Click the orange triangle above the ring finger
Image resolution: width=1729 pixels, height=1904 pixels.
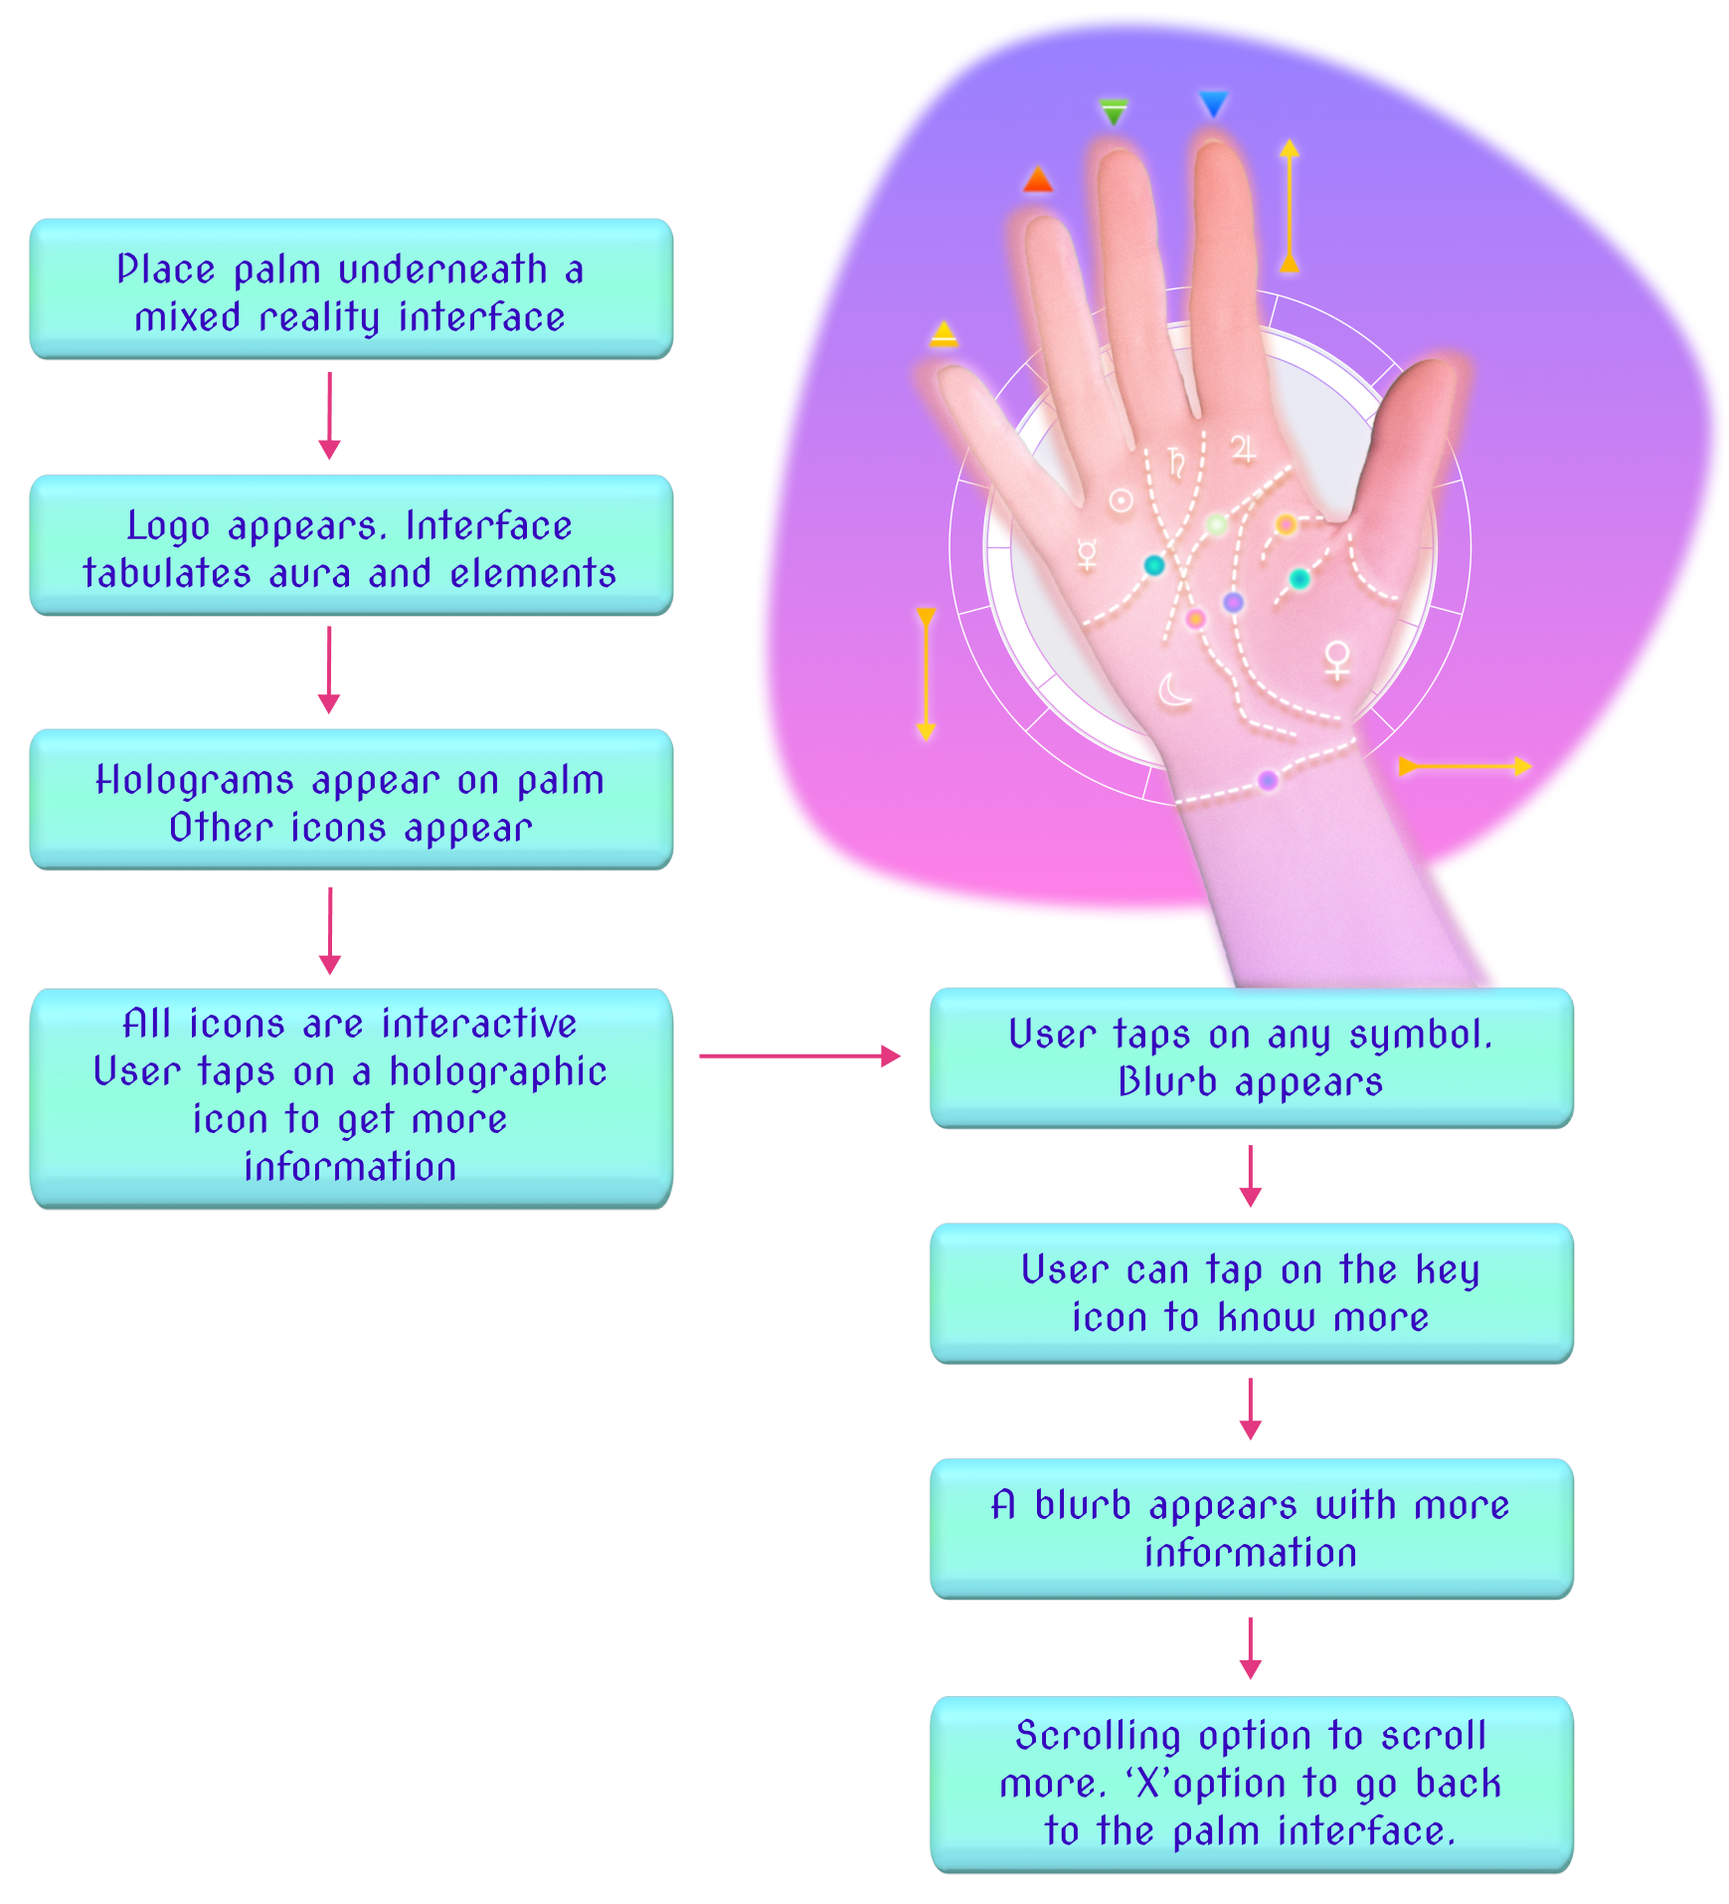1037,180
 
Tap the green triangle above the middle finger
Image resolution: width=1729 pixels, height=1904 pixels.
1115,112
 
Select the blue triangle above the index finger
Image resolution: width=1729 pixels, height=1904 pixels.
1213,103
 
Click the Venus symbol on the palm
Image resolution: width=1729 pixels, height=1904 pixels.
1337,661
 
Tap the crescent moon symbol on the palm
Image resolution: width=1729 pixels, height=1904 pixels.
1175,689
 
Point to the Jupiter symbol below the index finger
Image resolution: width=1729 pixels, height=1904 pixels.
1243,449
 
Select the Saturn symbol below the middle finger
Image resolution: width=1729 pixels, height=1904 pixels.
1176,463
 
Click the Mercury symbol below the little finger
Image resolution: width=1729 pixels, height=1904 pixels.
1088,554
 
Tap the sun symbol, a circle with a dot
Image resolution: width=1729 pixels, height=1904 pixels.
1121,500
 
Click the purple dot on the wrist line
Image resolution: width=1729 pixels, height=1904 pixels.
1267,781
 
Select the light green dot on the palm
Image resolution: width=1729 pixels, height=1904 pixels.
1217,524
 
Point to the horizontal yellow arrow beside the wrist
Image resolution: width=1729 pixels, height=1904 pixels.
1465,766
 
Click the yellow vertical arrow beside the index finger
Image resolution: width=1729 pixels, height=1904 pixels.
1289,206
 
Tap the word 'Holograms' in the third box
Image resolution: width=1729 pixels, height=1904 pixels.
194,781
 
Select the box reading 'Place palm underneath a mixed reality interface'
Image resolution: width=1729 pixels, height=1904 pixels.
351,289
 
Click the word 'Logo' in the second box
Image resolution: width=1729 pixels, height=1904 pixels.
168,526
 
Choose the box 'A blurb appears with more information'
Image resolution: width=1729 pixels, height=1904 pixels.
1251,1529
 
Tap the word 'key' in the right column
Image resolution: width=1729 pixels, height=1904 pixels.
1447,1270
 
